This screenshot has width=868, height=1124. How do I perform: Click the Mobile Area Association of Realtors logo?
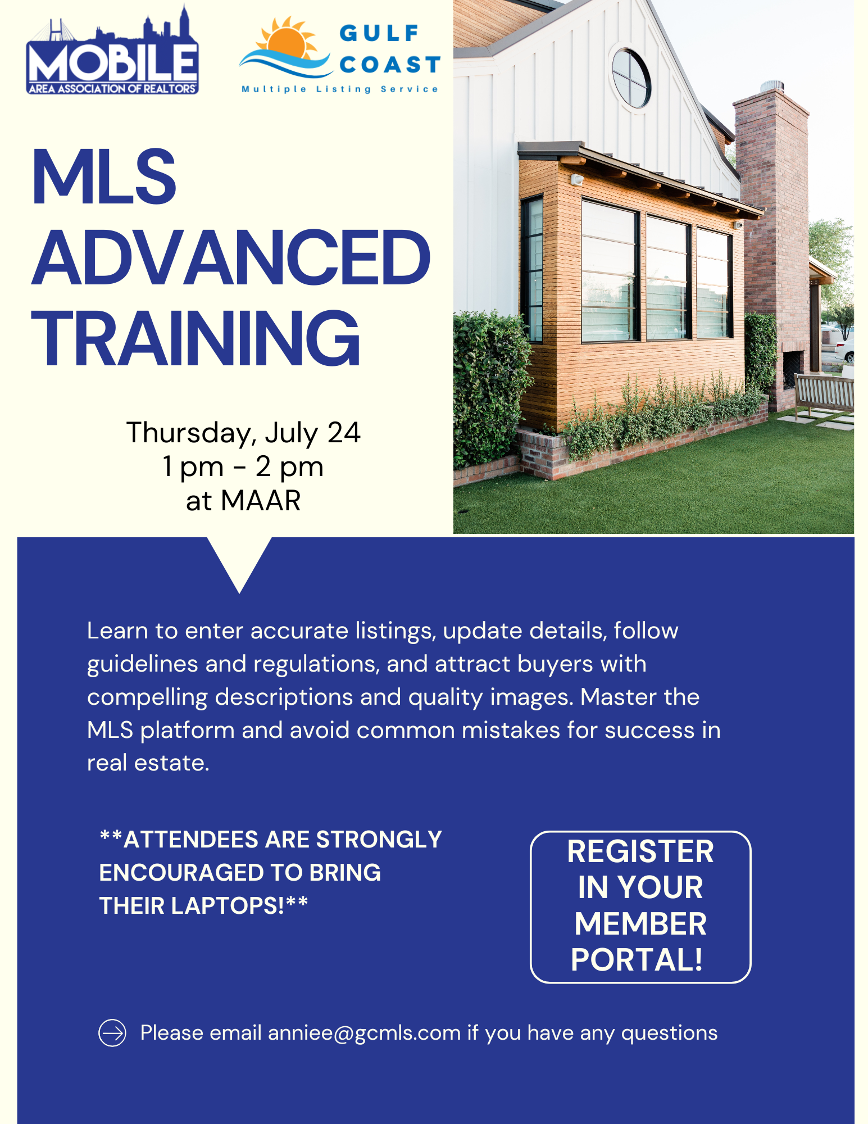tap(112, 51)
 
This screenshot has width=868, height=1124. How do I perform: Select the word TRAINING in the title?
tap(196, 338)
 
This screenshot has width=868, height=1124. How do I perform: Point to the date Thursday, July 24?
tap(243, 433)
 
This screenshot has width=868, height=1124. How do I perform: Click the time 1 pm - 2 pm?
tap(243, 466)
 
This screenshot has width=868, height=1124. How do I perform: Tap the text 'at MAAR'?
tap(243, 500)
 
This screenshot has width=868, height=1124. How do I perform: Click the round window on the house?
tap(631, 78)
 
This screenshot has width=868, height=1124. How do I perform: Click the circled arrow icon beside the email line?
tap(112, 1033)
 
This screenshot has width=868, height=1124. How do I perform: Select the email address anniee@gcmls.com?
tap(364, 1033)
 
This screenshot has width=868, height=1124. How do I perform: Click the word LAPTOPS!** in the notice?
tap(239, 905)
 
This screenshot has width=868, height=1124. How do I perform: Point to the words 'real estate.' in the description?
tap(148, 763)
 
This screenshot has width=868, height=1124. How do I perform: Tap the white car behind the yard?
tap(844, 350)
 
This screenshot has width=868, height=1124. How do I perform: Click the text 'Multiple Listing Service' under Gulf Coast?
tap(339, 89)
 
